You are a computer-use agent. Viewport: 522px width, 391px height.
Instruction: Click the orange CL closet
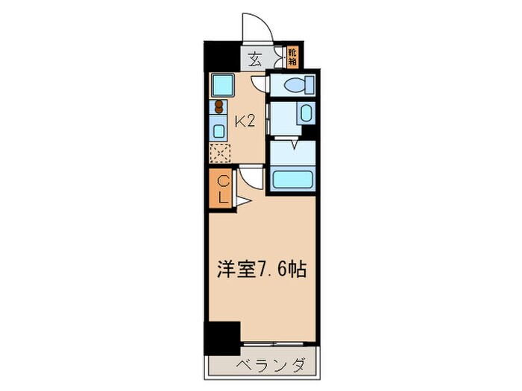(221, 189)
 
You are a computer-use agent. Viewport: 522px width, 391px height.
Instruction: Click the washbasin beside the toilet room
(306, 114)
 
